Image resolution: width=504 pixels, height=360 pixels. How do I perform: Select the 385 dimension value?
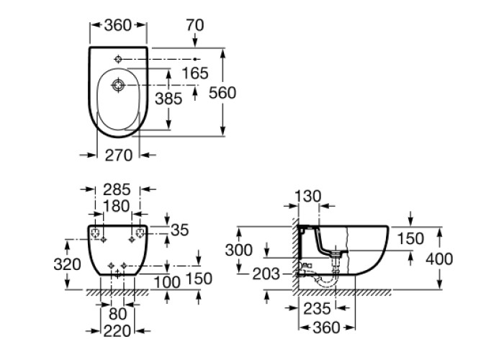[168, 99]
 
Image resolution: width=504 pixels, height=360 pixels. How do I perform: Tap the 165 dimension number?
[194, 73]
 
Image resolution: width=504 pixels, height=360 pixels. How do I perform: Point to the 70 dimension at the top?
[194, 25]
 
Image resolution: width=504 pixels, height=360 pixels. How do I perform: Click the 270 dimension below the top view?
[118, 153]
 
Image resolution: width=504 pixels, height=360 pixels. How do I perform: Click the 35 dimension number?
[180, 230]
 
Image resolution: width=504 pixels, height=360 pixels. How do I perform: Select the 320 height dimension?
[67, 264]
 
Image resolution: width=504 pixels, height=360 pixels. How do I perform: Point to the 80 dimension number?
[117, 314]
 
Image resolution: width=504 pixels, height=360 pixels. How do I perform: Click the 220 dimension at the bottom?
[117, 331]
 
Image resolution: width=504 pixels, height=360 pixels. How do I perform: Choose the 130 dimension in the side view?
[309, 197]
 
